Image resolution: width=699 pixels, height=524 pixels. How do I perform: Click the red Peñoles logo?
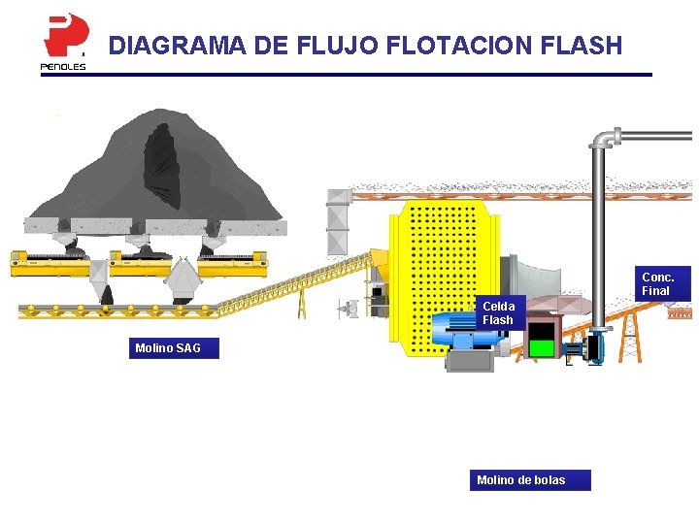click(x=64, y=35)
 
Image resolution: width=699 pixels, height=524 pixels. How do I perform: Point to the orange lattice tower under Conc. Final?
click(x=631, y=335)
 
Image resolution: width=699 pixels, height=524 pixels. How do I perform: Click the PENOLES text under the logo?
click(x=63, y=67)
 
